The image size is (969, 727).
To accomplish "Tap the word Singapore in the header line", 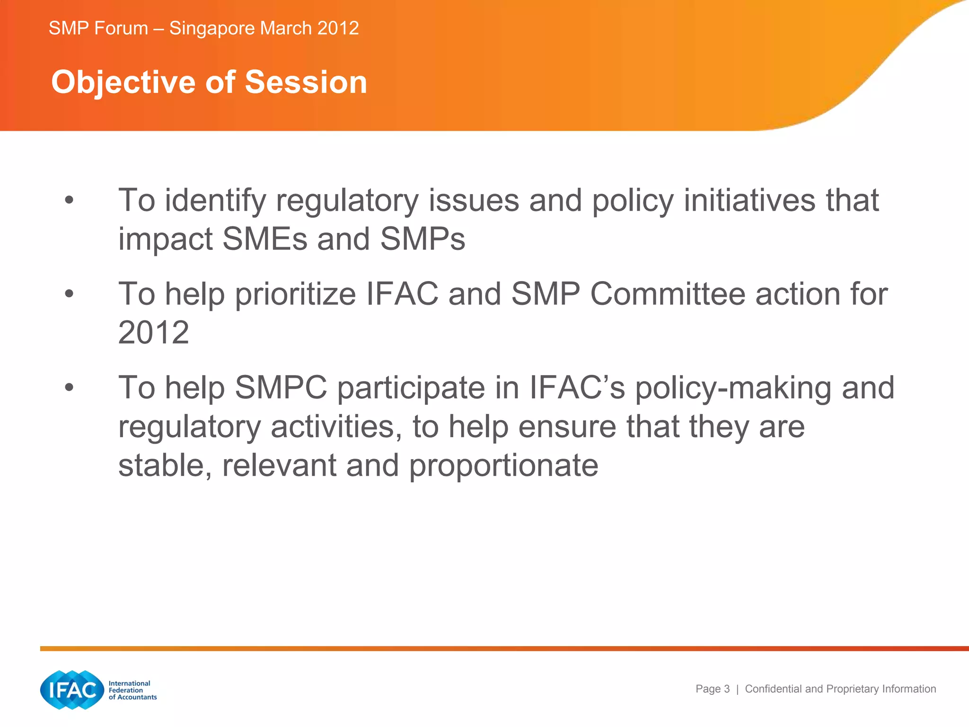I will pyautogui.click(x=212, y=28).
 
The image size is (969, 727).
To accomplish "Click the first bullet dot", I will pyautogui.click(x=69, y=200).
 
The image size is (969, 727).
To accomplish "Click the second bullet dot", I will pyautogui.click(x=69, y=294).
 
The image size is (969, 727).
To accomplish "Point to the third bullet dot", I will pyautogui.click(x=69, y=388).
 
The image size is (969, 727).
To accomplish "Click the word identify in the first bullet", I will pyautogui.click(x=215, y=201).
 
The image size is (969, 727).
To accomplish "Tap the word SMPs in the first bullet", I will pyautogui.click(x=423, y=239).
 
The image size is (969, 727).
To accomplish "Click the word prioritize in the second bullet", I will pyautogui.click(x=295, y=294).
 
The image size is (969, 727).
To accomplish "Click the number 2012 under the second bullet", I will pyautogui.click(x=153, y=332).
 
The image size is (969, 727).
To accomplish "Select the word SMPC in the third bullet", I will pyautogui.click(x=281, y=388).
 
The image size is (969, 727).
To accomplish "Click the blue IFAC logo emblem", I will pyautogui.click(x=72, y=690).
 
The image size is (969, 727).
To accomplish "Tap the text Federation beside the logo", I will pyautogui.click(x=125, y=690).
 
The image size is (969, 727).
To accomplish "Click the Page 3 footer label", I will pyautogui.click(x=712, y=689).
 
